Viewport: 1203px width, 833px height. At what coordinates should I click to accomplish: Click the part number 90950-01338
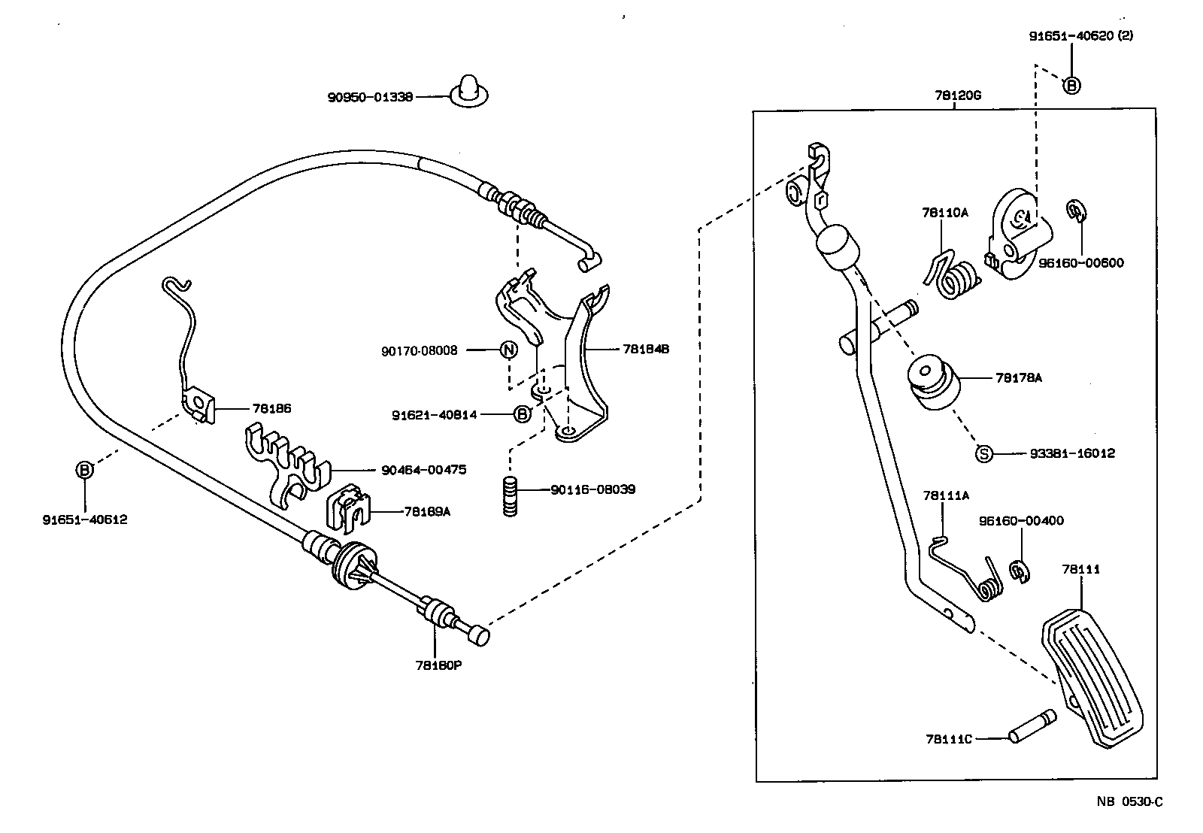pos(370,97)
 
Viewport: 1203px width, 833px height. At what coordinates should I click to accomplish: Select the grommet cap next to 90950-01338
pos(468,90)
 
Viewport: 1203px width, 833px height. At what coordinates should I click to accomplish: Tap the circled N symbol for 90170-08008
pos(509,350)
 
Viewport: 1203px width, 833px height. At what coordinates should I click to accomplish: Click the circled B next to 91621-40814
pos(522,414)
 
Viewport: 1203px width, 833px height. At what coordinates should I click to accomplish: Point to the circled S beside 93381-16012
pos(983,453)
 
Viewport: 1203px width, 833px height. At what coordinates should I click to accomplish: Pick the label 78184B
pos(646,350)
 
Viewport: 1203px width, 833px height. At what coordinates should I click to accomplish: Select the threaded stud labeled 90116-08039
pos(511,496)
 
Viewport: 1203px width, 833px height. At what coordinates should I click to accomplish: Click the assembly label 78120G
pos(958,95)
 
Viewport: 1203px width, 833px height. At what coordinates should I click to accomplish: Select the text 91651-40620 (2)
pos(1080,35)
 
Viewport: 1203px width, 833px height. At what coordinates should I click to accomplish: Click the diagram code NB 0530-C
pos(1129,801)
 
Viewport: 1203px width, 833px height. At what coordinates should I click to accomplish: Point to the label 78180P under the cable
pos(438,665)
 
